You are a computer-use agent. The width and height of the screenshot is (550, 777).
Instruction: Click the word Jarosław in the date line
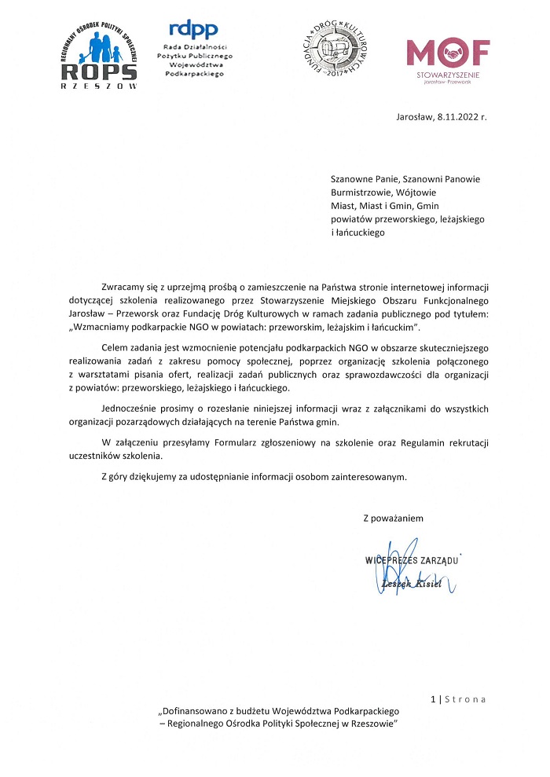(x=414, y=116)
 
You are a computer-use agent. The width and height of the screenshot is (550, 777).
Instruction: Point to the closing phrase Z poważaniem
(x=393, y=518)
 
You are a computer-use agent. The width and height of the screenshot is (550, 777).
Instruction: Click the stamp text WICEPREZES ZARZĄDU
(x=412, y=560)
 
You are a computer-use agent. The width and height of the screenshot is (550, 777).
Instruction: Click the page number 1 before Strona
(x=433, y=698)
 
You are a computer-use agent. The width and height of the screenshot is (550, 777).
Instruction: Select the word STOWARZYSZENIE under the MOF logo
(x=450, y=74)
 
